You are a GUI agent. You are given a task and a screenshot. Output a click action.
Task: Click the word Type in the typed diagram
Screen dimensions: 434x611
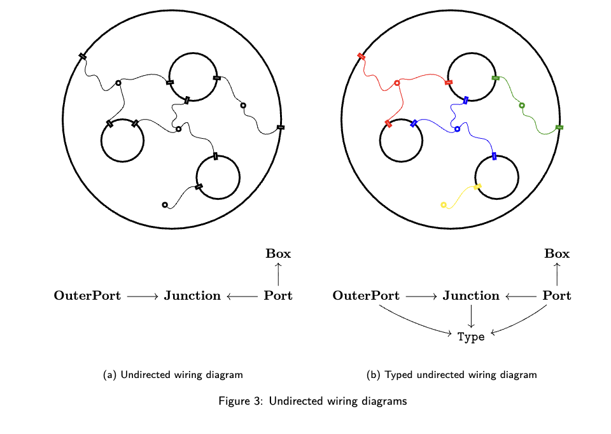(x=471, y=337)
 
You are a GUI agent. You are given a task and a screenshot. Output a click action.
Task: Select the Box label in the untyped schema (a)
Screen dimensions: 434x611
(x=278, y=253)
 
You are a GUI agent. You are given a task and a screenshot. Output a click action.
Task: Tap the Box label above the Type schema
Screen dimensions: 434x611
(x=557, y=253)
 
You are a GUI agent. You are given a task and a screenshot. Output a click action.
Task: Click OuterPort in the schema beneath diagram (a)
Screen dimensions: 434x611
(x=87, y=296)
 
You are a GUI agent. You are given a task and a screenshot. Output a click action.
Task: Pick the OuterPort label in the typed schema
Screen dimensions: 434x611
(x=366, y=296)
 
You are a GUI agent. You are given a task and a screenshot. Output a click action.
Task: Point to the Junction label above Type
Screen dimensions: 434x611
(x=471, y=296)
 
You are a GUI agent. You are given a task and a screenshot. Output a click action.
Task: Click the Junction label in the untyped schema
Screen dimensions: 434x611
(x=192, y=296)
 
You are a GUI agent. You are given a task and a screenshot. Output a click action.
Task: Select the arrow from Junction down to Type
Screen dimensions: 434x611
(x=471, y=316)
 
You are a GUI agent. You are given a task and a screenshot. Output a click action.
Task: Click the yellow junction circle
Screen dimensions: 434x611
(x=444, y=205)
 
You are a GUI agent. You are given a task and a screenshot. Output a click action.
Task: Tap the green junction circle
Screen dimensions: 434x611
(x=522, y=105)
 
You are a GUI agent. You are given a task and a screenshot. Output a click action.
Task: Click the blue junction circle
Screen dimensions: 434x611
(x=457, y=129)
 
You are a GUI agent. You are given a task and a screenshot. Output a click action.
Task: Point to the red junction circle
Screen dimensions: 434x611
(x=397, y=83)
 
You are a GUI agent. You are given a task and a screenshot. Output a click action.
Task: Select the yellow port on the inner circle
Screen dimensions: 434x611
(x=477, y=186)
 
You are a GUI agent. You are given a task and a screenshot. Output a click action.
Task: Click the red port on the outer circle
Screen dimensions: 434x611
(x=362, y=57)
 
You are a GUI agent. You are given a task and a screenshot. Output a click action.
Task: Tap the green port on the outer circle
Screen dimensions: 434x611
(x=559, y=128)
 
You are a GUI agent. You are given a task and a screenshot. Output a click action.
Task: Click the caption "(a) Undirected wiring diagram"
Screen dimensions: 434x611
(x=172, y=375)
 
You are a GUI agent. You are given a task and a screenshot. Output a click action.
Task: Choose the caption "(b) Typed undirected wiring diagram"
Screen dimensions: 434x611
(x=452, y=375)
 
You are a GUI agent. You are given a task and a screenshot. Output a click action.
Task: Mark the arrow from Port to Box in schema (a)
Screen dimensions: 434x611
(x=278, y=274)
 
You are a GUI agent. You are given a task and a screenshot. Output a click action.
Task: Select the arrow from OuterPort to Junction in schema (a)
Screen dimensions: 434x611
(x=142, y=297)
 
